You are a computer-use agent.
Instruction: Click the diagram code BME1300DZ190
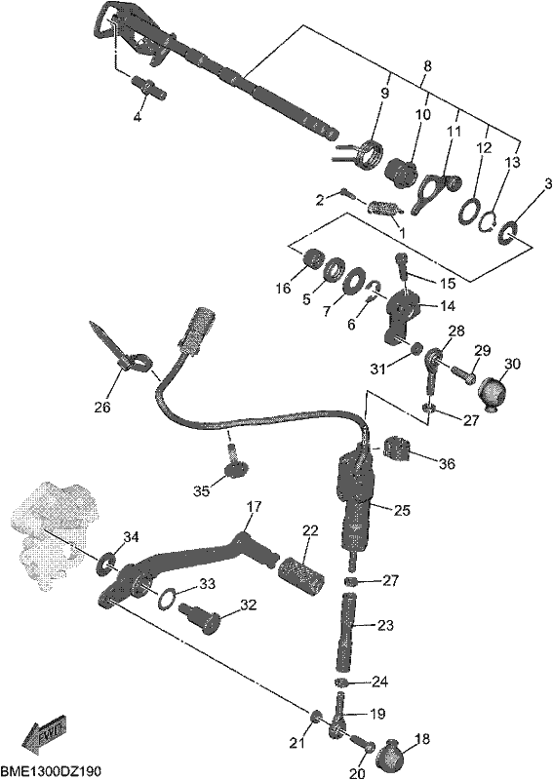(x=52, y=771)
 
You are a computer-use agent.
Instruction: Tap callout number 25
(x=402, y=510)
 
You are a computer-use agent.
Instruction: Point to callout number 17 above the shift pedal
(x=254, y=508)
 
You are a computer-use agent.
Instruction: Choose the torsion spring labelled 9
(x=370, y=154)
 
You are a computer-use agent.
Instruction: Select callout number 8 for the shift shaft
(x=427, y=65)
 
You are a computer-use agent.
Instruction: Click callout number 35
(x=202, y=491)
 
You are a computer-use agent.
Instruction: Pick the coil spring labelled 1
(x=385, y=208)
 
